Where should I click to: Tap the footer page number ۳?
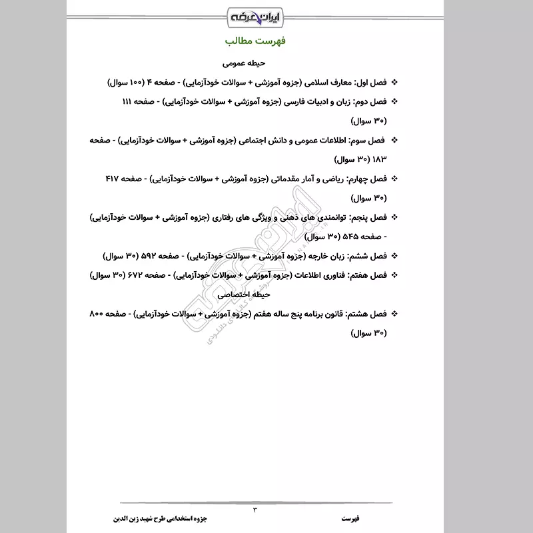pyautogui.click(x=255, y=510)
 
